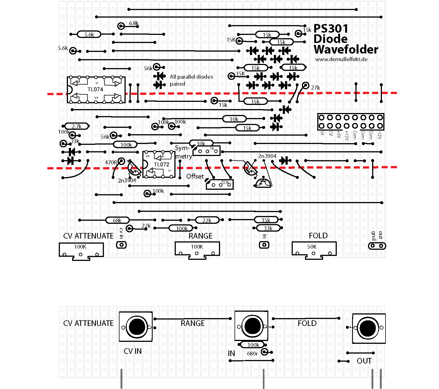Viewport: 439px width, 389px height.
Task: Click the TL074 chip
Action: [x=96, y=90]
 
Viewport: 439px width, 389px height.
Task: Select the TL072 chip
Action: [x=159, y=164]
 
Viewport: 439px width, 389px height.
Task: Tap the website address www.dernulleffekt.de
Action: [x=341, y=59]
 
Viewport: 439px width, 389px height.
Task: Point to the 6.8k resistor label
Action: [x=134, y=23]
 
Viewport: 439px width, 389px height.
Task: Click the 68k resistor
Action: [x=117, y=220]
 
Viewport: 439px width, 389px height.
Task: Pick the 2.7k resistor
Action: [x=77, y=126]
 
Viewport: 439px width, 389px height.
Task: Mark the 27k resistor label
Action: [x=315, y=88]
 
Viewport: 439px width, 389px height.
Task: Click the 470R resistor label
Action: [x=111, y=162]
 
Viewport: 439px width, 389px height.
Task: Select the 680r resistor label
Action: [x=252, y=354]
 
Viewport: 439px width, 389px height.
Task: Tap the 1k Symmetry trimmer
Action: [x=207, y=151]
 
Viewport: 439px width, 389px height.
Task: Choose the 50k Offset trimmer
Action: [x=219, y=184]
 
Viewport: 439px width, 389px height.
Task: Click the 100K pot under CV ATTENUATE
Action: [x=81, y=250]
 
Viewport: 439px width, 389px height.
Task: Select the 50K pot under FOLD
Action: [x=314, y=249]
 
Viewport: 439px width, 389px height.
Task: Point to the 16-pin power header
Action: [x=351, y=122]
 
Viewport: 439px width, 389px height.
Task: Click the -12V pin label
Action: [x=379, y=135]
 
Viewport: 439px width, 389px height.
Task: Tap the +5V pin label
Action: [x=339, y=135]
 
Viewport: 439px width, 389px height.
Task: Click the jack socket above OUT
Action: [x=369, y=328]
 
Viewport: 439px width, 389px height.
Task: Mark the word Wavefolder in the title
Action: [x=346, y=50]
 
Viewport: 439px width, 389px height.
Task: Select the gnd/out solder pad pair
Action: [x=377, y=246]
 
